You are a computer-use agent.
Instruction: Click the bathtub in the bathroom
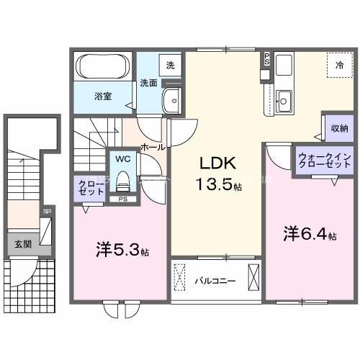coord(102,69)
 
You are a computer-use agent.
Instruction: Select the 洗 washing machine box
coord(171,65)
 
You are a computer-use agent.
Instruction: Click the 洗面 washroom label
coord(148,82)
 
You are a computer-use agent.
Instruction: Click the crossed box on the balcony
coord(253,277)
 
